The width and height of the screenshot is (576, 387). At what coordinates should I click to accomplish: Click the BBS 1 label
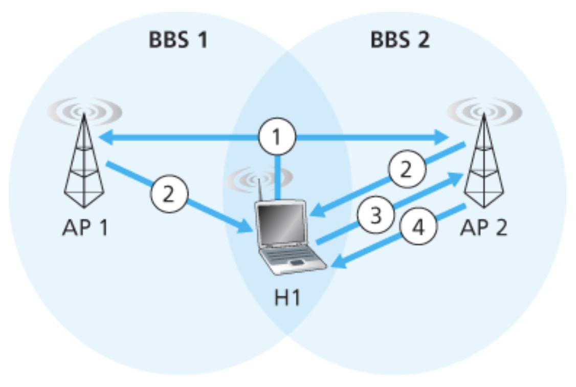(x=178, y=40)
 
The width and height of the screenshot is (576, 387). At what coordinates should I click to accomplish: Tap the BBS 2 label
(x=400, y=40)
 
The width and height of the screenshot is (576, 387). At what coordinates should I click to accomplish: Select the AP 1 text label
(x=85, y=227)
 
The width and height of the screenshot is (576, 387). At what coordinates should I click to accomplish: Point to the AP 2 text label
(x=483, y=227)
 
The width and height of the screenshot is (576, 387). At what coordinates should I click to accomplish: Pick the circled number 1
(x=277, y=137)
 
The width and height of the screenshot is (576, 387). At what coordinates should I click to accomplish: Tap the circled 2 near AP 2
(x=405, y=170)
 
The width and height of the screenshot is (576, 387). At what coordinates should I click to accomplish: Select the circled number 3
(x=376, y=216)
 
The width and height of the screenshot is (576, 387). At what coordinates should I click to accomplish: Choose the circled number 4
(x=418, y=227)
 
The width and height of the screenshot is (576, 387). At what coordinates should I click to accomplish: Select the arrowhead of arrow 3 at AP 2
(x=455, y=177)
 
